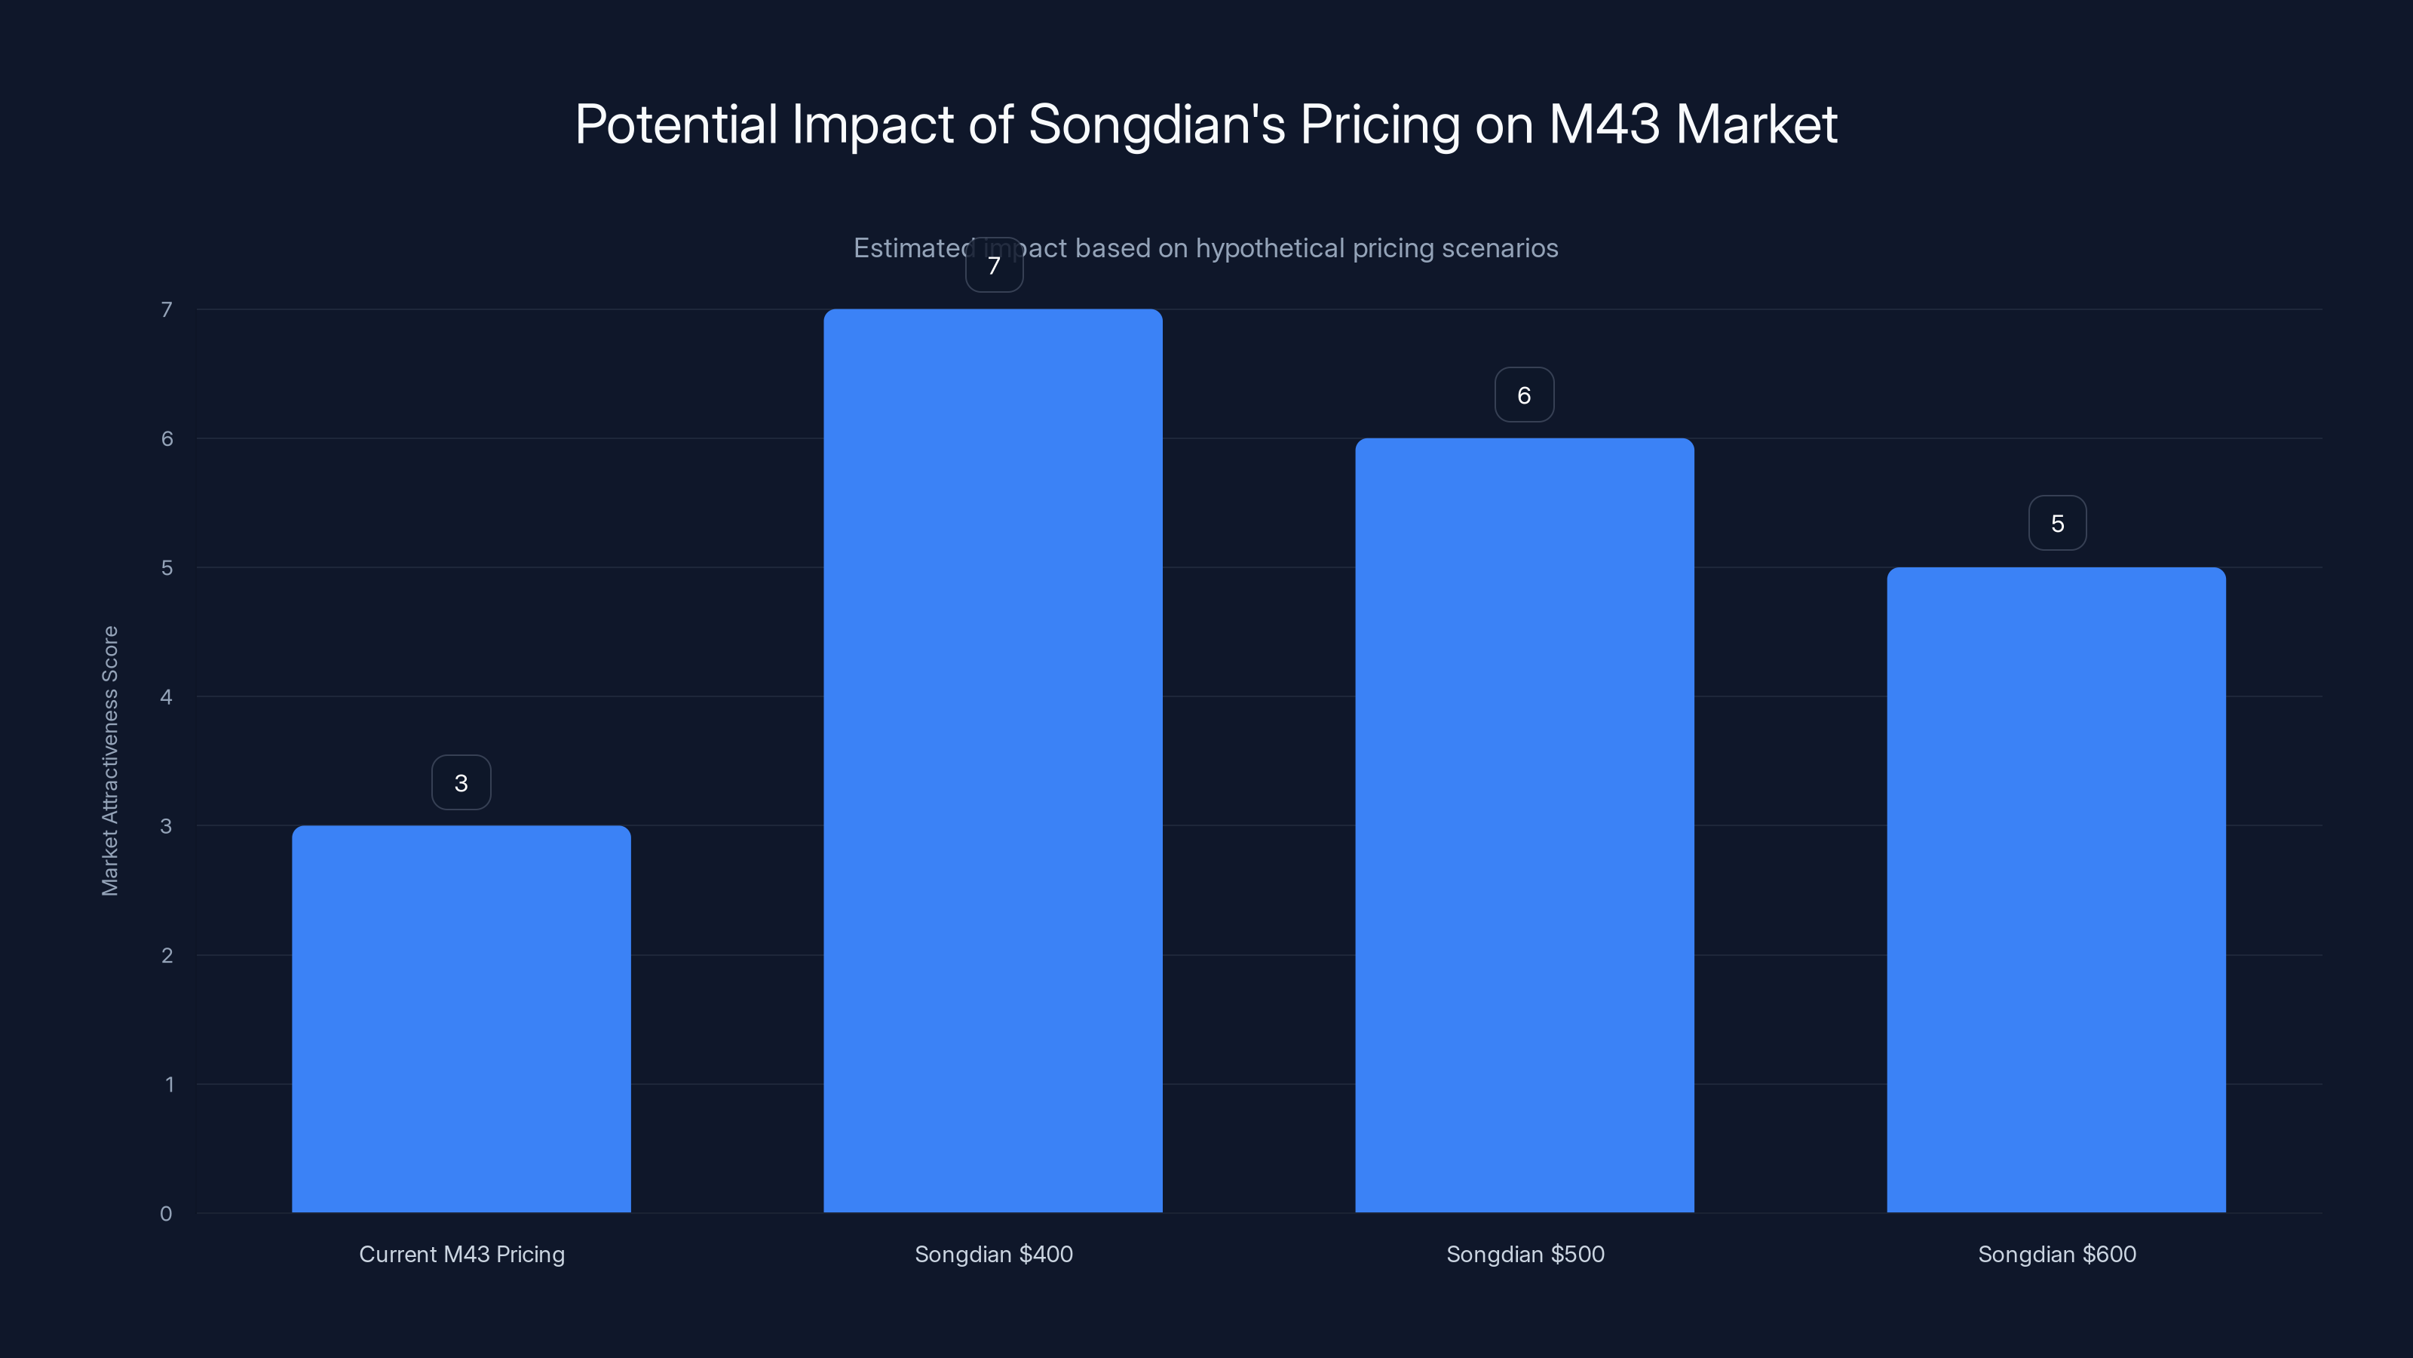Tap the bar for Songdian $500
(1524, 825)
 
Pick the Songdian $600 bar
(2056, 889)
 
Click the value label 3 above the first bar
(461, 782)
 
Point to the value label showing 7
(994, 266)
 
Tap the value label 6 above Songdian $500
(1524, 395)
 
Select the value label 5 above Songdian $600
(2057, 523)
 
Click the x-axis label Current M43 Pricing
(461, 1254)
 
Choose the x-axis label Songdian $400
(994, 1254)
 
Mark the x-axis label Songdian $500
(1525, 1254)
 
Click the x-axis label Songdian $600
(2057, 1254)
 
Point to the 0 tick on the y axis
(166, 1214)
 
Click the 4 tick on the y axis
(166, 696)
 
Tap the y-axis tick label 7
(167, 309)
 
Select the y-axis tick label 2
(167, 955)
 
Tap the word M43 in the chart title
(1604, 124)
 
